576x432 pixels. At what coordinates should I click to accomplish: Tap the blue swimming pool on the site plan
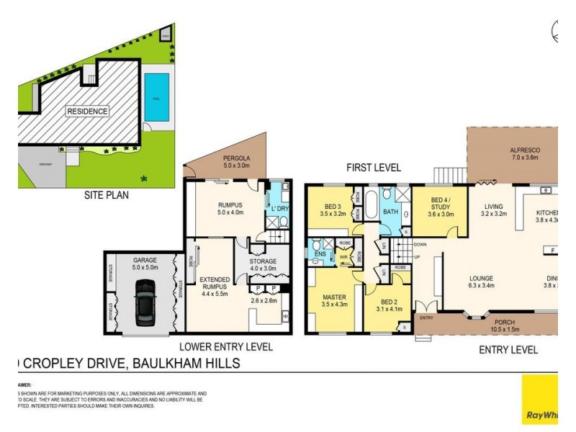(156, 96)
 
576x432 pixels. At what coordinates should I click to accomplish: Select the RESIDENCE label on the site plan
(88, 112)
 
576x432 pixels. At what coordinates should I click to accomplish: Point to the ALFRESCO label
(524, 150)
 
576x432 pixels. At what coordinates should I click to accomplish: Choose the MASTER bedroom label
(334, 297)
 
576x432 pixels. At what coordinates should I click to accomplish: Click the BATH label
(390, 212)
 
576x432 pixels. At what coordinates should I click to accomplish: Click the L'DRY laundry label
(278, 209)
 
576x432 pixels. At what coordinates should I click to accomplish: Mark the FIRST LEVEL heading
(373, 168)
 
